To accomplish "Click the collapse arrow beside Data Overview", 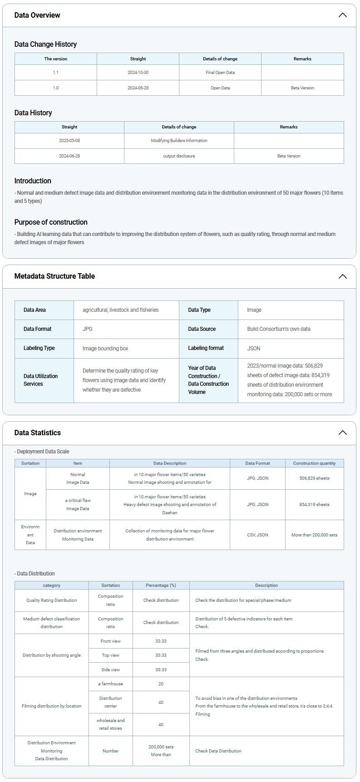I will point(343,15).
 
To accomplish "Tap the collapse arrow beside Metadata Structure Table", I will point(343,276).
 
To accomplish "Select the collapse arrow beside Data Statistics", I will point(343,433).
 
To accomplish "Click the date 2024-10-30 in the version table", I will point(138,73).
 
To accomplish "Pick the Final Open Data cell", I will point(220,73).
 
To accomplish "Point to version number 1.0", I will point(55,88).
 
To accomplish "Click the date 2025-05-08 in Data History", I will point(69,141).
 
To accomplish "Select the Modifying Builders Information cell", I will point(179,141).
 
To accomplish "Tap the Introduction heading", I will point(33,181).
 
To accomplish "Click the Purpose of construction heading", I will point(51,222).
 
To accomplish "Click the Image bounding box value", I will point(105,349).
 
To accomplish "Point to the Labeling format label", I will point(206,348).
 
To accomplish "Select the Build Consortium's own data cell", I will point(279,329).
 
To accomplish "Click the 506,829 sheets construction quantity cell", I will point(314,478).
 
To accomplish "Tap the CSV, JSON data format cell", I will point(257,535).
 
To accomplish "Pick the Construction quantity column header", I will point(314,463).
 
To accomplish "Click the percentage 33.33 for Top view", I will point(161,655).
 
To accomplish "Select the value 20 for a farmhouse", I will point(161,684).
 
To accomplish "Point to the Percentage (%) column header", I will point(161,585).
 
